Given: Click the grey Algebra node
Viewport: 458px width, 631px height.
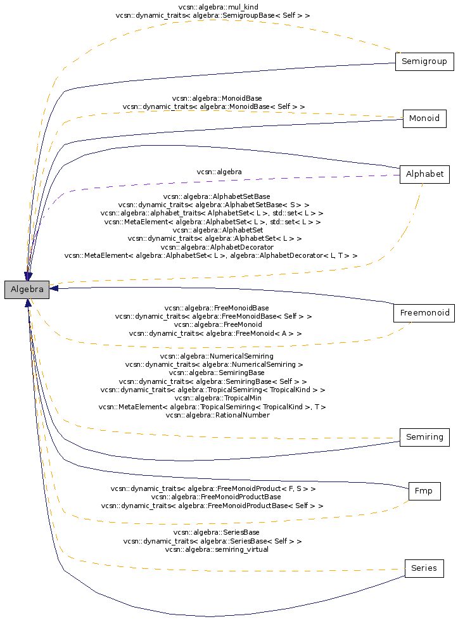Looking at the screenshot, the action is [27, 290].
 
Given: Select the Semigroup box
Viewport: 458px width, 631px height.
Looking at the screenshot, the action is [424, 61].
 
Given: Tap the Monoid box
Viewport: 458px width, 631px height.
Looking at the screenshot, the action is [424, 118].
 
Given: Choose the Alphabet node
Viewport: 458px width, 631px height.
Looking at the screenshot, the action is [424, 174].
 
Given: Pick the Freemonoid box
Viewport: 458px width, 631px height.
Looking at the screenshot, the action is [424, 313].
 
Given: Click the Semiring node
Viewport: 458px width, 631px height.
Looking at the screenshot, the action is [424, 437].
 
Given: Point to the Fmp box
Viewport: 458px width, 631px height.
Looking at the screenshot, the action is [424, 492].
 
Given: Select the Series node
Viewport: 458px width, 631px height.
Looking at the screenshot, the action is [424, 569].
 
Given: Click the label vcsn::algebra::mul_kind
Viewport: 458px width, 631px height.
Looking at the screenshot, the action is [218, 7].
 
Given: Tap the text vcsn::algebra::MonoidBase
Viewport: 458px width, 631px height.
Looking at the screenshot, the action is [217, 98].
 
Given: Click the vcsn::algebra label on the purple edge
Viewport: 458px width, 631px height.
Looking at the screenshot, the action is [219, 172].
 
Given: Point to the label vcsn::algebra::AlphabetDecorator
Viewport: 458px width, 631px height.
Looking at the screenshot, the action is [217, 247].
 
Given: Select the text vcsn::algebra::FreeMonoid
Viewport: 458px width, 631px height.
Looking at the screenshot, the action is [218, 325].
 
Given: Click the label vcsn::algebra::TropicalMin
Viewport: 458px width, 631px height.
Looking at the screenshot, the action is [218, 398].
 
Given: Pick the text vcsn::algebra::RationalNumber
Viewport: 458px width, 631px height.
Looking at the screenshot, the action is [218, 415].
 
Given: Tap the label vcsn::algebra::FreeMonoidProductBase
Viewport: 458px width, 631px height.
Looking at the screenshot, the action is [216, 497].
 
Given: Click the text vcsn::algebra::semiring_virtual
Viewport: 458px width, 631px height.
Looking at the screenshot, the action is [217, 550].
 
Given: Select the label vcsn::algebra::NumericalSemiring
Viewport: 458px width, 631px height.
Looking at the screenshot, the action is [217, 356].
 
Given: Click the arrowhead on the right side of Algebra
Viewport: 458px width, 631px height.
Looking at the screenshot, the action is [53, 288].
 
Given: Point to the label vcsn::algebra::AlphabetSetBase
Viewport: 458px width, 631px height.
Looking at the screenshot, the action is [217, 196].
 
